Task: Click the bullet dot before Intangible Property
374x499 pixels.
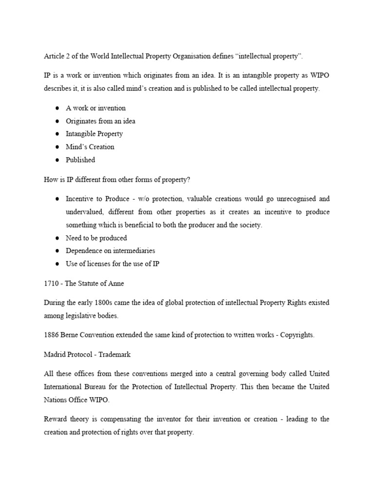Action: click(56, 134)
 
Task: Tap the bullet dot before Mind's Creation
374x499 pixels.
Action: click(56, 147)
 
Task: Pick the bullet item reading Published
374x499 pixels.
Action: click(80, 160)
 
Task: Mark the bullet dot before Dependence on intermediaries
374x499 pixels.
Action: click(56, 251)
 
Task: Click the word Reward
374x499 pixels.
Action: click(56, 420)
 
